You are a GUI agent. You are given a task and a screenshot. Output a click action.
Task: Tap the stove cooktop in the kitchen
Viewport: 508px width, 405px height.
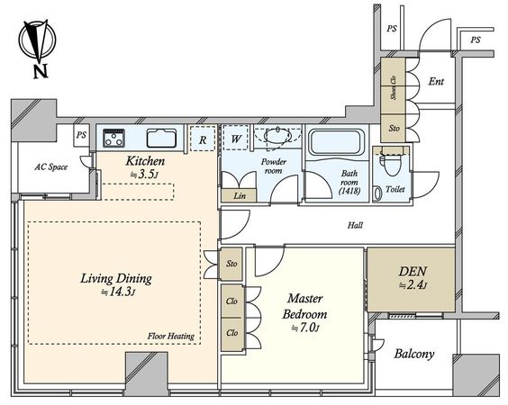tap(114, 138)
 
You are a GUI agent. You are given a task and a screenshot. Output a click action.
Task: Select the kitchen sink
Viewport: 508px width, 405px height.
tap(161, 139)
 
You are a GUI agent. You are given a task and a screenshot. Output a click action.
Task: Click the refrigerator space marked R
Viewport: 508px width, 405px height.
tap(203, 139)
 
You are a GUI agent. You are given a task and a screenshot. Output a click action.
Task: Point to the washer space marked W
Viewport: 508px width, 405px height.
tap(236, 138)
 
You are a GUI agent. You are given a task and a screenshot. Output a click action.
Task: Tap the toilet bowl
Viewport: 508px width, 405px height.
tap(392, 164)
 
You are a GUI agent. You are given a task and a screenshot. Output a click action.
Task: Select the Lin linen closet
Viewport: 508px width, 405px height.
tap(240, 195)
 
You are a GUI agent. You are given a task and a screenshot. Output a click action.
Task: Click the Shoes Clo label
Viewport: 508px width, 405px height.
tap(394, 87)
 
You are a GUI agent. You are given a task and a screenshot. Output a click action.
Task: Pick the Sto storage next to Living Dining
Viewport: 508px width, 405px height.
tap(231, 264)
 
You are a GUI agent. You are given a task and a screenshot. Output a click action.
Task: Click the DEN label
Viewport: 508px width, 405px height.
tap(413, 271)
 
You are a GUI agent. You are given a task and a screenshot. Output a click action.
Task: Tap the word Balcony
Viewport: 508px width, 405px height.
tap(414, 354)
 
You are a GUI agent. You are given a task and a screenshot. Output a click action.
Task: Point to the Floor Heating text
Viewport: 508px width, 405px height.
tap(171, 336)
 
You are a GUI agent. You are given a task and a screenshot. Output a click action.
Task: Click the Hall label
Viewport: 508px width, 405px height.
tap(355, 225)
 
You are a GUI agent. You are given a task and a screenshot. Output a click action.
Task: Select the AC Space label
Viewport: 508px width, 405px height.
tap(51, 167)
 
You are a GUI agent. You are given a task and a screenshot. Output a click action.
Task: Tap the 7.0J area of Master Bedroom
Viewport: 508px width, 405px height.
tap(306, 328)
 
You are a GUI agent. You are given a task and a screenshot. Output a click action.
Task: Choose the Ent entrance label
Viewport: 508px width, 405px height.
tap(436, 81)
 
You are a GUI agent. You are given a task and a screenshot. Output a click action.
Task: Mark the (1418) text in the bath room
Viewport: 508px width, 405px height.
tap(349, 191)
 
